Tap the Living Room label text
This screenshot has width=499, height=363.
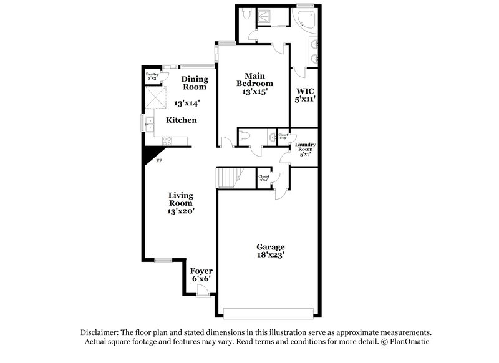point(181,203)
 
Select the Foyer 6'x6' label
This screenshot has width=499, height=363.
point(201,274)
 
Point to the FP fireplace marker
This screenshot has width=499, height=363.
point(159,161)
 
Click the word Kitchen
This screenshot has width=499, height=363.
point(182,120)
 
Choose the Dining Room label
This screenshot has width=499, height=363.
point(194,83)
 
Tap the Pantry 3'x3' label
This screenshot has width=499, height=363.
point(153,77)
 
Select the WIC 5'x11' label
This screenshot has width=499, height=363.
point(306,95)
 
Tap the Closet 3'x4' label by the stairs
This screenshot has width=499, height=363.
point(264,178)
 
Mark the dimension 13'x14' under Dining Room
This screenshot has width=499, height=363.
point(187,102)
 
